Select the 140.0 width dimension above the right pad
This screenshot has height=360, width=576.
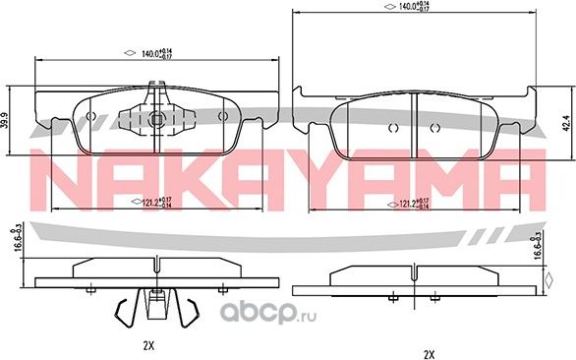coord(412,7)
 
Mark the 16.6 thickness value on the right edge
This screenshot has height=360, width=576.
coord(537,245)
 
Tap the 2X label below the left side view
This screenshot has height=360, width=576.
coord(148,344)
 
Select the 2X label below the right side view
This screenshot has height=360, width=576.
coord(428,352)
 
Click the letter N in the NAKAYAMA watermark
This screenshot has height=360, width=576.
coord(64,176)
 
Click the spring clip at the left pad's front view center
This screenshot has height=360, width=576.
coord(154,115)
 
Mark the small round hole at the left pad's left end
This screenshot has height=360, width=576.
coord(91,115)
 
